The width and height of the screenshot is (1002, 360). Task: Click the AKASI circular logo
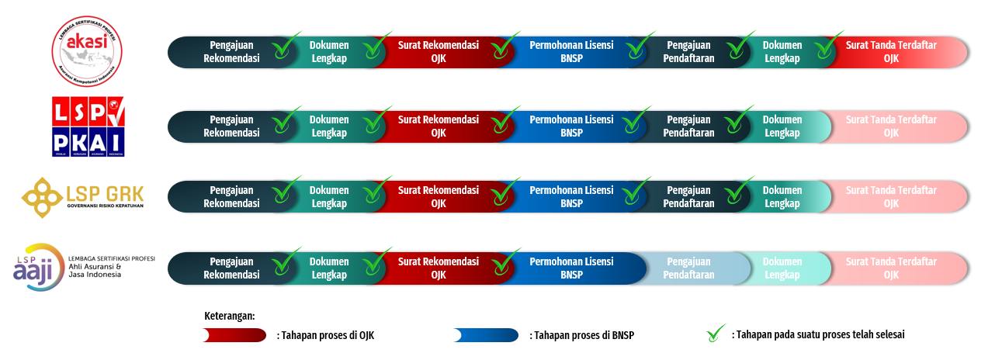87,51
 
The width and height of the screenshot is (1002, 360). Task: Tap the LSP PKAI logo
87,126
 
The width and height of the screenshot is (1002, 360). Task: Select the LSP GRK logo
83,196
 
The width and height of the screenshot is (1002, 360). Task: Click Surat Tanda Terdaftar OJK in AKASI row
891,52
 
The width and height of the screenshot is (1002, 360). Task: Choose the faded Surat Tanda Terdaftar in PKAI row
891,126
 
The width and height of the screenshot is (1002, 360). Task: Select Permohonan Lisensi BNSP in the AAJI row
571,268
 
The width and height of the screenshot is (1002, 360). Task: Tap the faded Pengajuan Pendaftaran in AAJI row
688,268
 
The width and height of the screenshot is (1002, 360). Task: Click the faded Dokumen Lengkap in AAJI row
782,268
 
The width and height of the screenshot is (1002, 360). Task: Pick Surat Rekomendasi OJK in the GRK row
439,197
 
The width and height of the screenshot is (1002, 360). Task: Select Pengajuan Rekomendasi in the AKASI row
231,52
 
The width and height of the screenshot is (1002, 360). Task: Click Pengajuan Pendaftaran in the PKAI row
688,126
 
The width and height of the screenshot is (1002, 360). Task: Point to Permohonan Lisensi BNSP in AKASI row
571,52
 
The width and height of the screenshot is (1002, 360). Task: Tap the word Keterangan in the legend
229,317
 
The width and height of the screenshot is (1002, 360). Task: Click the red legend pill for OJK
234,335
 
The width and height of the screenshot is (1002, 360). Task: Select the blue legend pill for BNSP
486,335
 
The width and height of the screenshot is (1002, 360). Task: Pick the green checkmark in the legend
716,334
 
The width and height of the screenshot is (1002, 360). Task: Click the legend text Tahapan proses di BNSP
586,335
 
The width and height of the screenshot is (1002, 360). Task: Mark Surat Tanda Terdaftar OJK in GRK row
891,197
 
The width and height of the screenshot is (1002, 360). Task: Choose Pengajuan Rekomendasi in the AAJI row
231,268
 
